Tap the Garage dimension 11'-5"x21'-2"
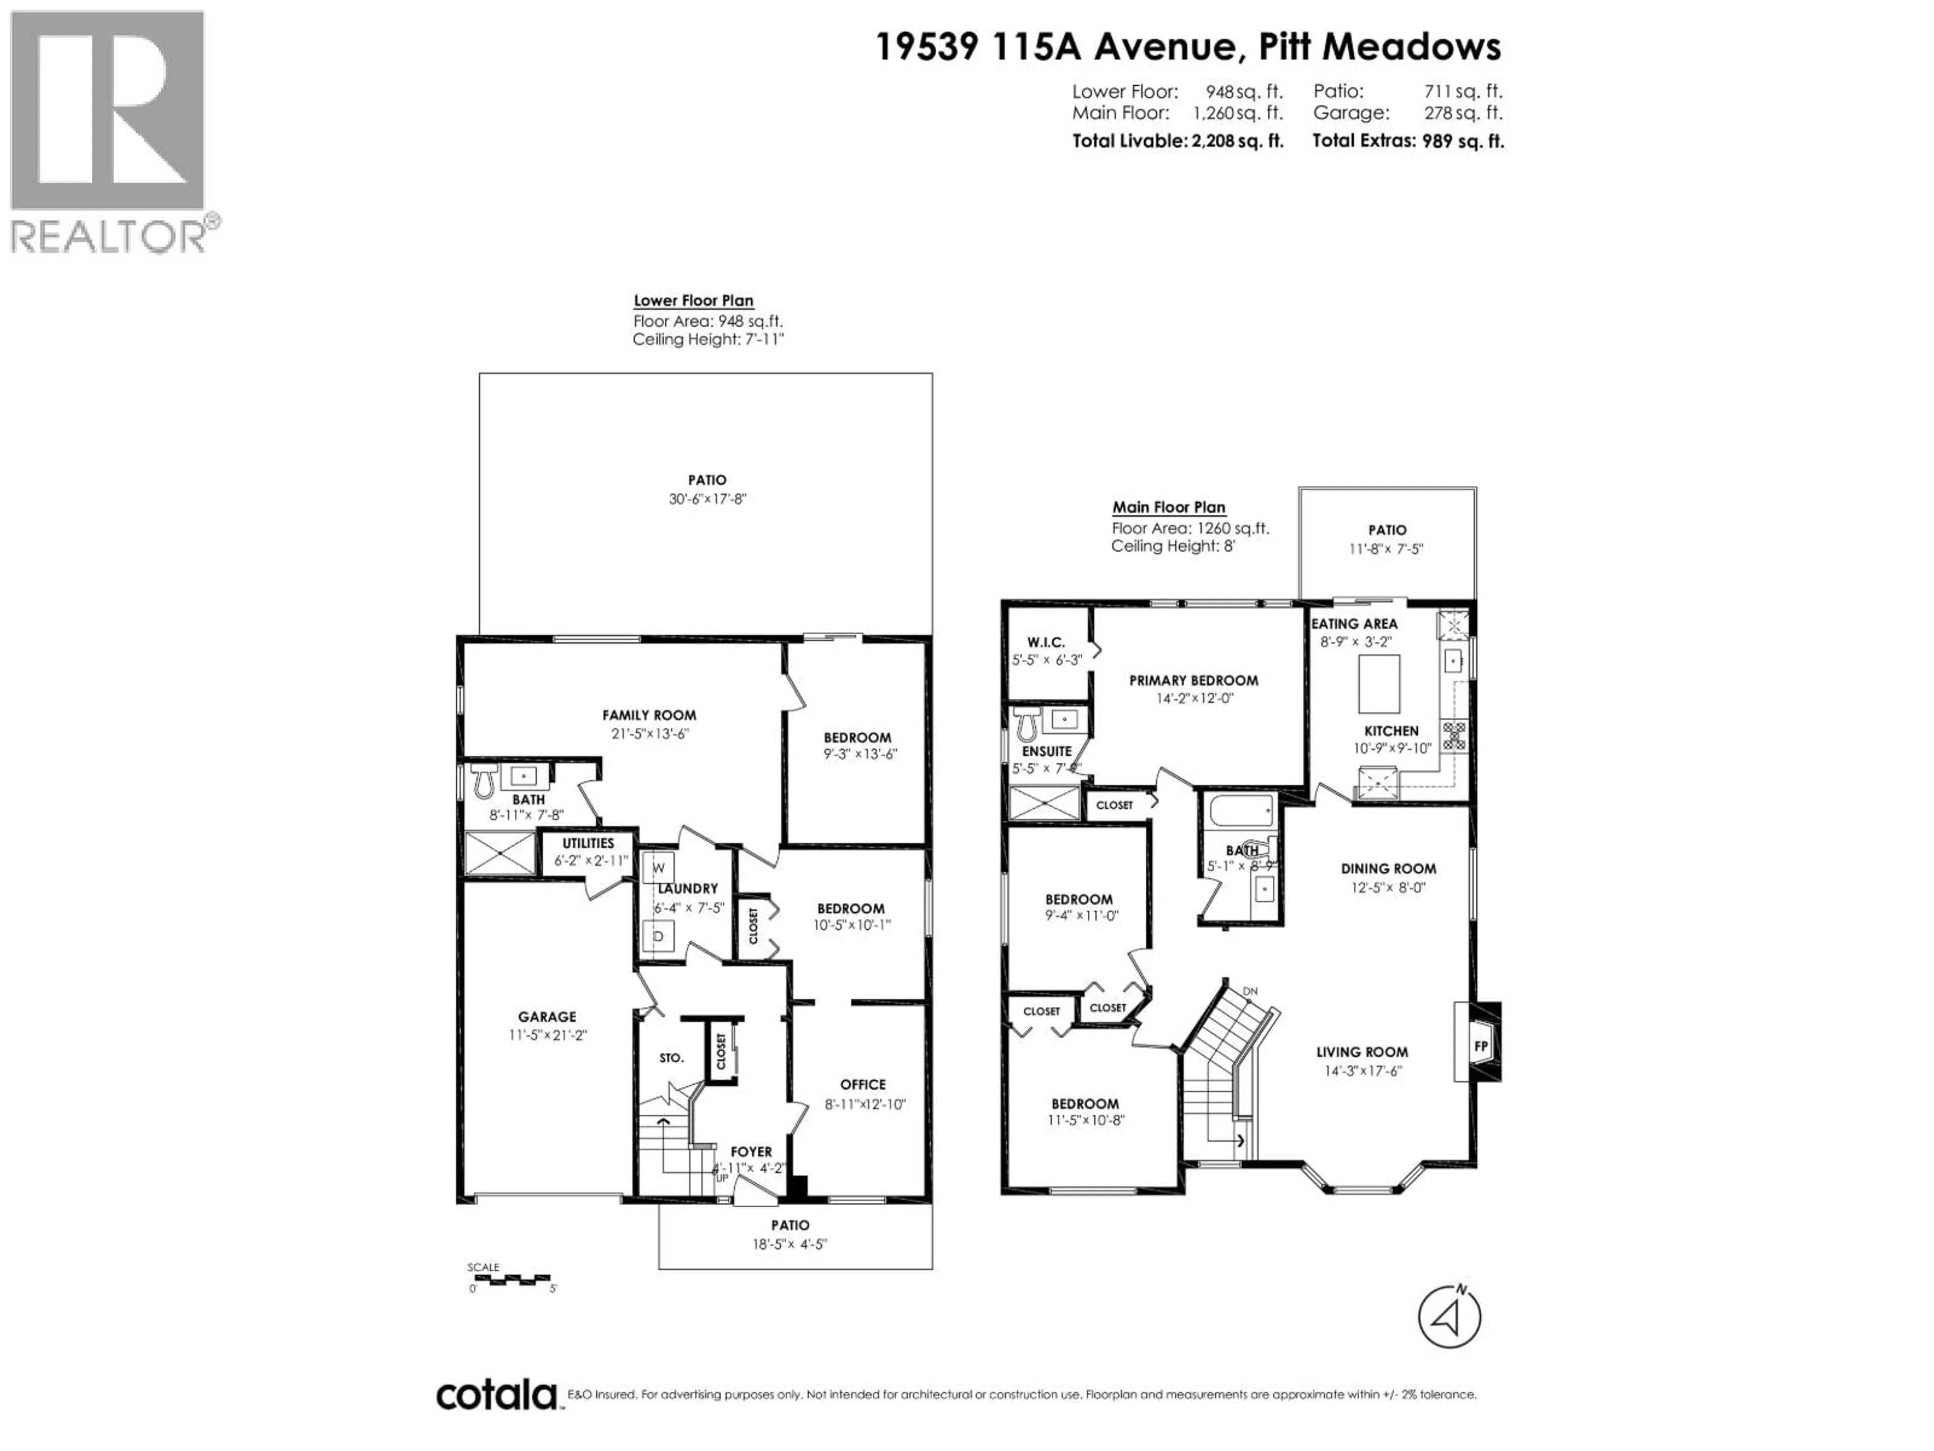[547, 1035]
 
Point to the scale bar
[510, 1280]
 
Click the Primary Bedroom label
[1194, 681]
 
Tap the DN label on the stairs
[1250, 991]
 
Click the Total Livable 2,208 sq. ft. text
[1178, 141]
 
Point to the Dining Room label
[1389, 869]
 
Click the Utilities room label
[588, 843]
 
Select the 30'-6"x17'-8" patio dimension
[707, 499]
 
